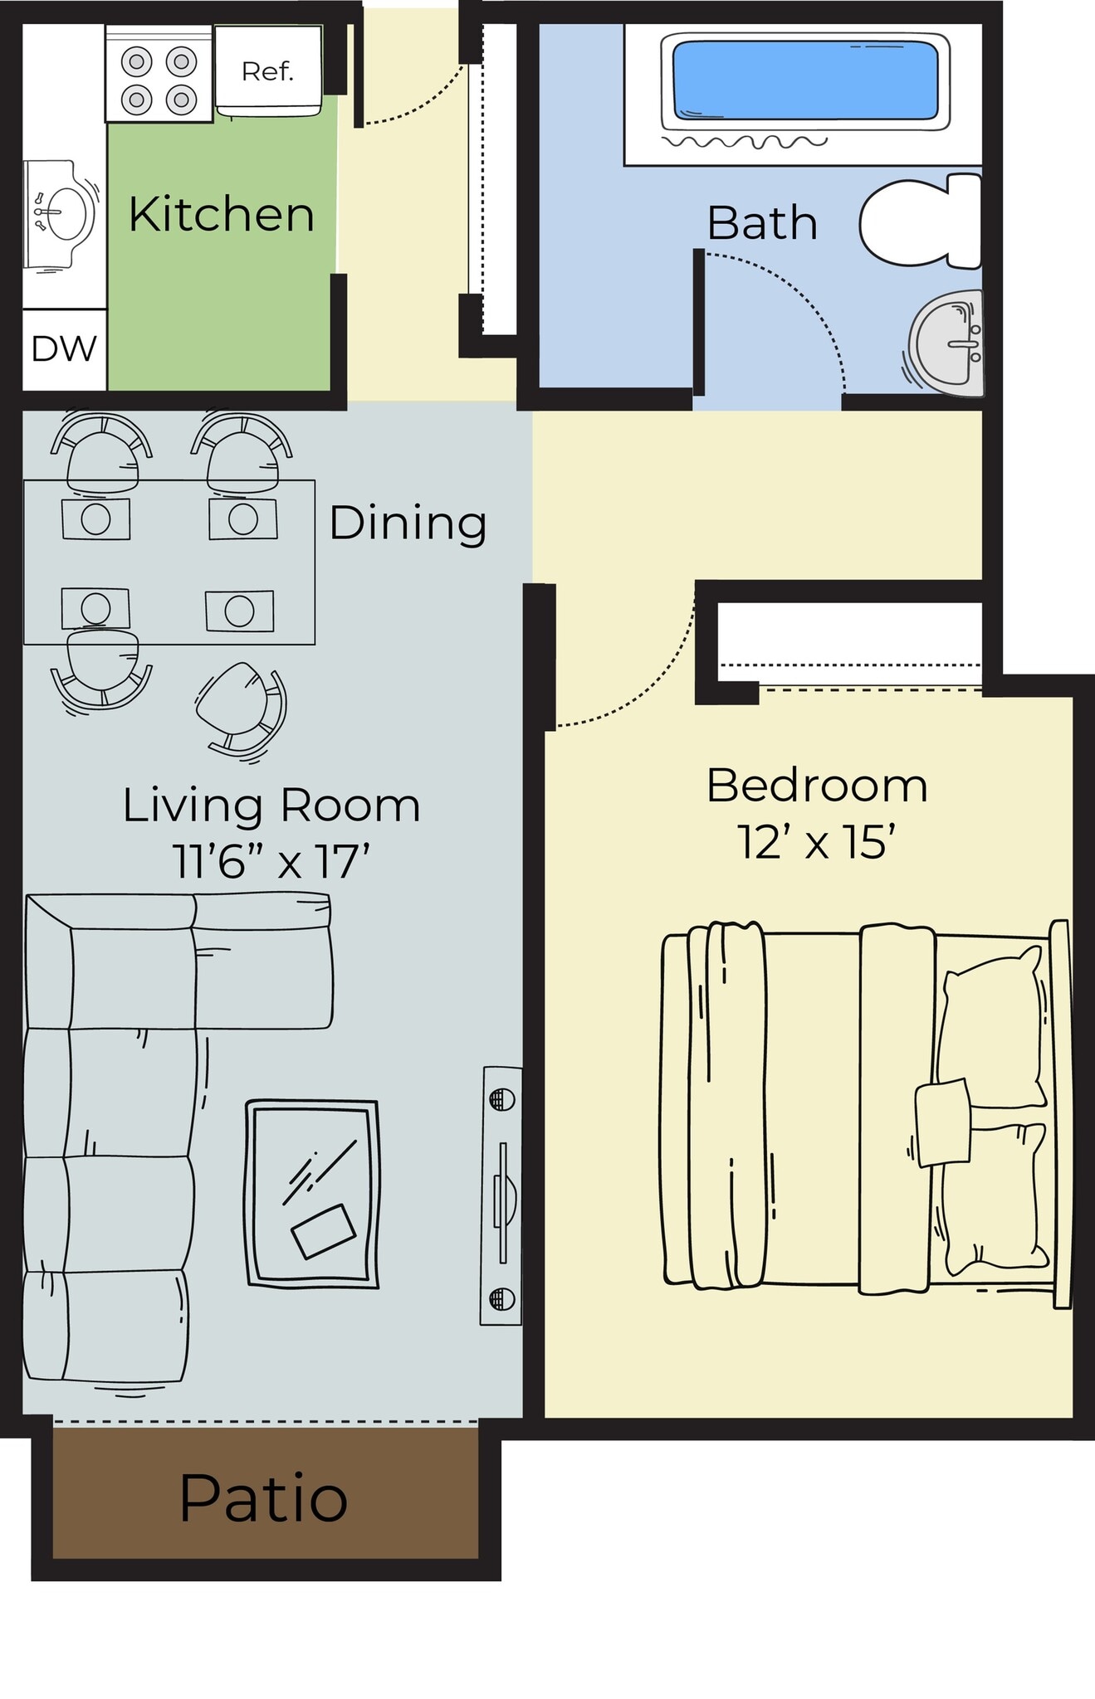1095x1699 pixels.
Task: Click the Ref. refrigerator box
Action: pos(267,71)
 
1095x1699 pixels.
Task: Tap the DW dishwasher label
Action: pos(64,349)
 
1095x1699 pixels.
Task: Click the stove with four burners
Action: pos(159,80)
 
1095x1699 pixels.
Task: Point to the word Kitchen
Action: pos(221,215)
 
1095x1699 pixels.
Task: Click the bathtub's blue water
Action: pos(804,80)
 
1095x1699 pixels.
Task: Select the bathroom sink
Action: pos(947,342)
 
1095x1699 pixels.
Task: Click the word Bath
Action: pos(761,223)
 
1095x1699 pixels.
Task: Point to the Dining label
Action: pos(408,523)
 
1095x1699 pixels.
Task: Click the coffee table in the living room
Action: pos(312,1193)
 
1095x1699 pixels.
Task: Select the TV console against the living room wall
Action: pos(501,1195)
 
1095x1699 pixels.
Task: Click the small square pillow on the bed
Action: pos(943,1122)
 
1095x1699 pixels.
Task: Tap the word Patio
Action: pos(263,1499)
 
